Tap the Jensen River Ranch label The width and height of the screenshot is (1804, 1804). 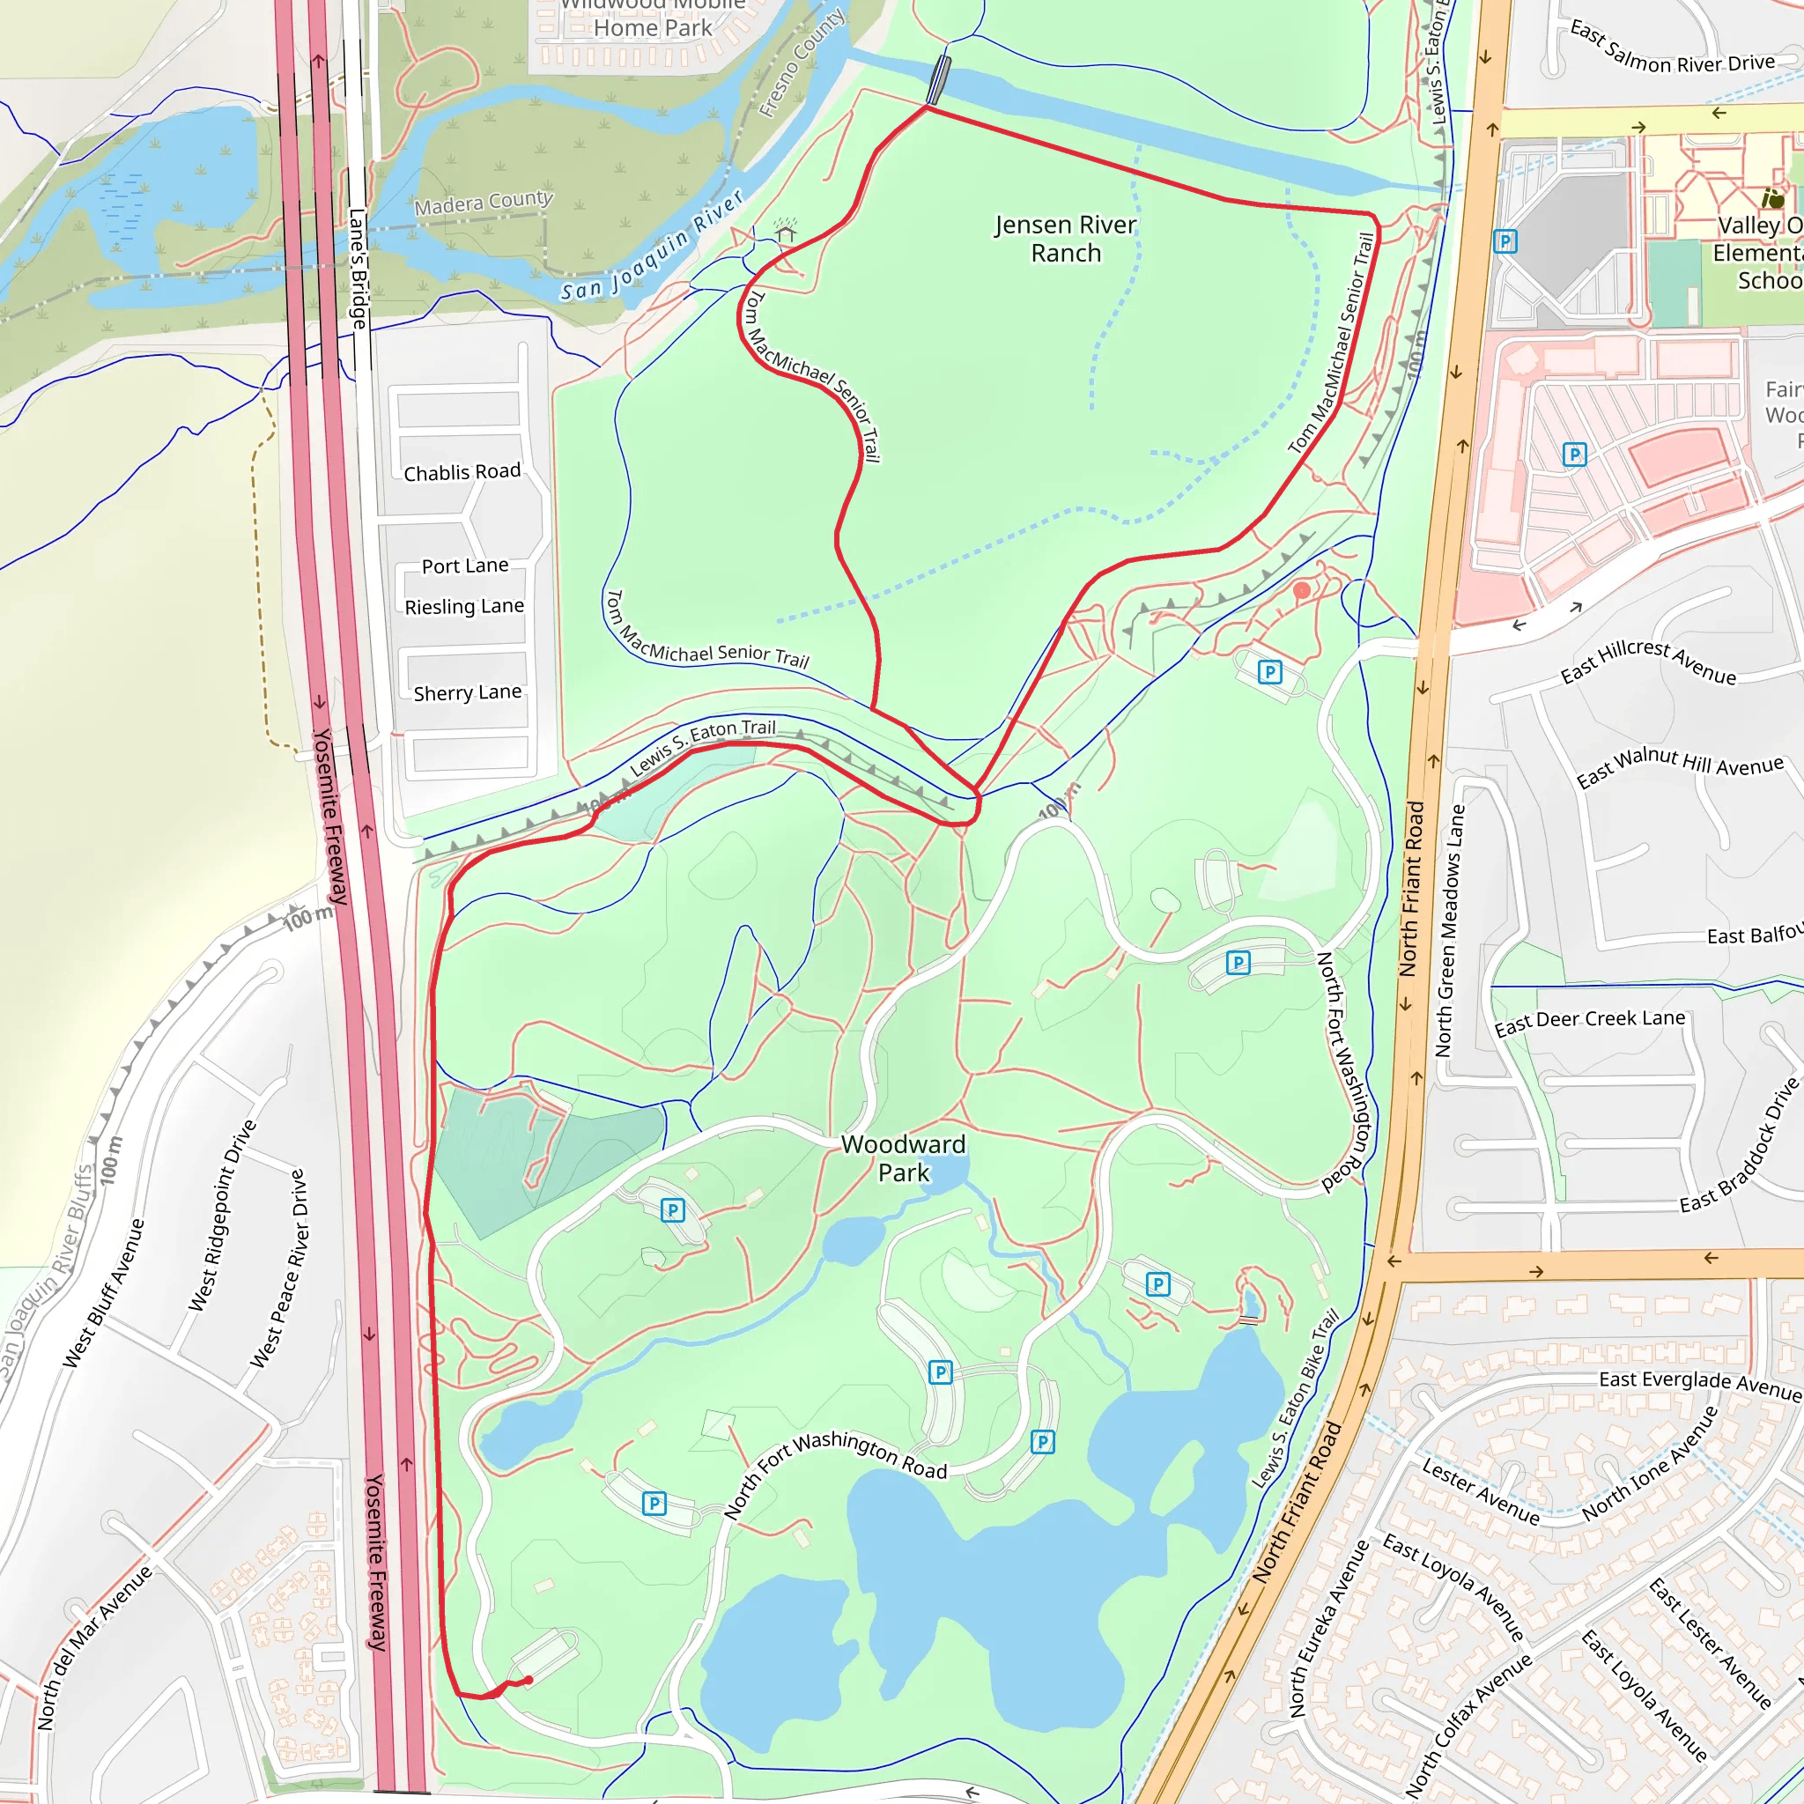pos(1066,239)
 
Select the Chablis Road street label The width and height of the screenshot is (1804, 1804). pos(462,472)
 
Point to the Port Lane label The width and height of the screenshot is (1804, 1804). pos(465,566)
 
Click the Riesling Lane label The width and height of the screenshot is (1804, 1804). pos(464,607)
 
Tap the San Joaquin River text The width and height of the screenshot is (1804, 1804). pos(652,247)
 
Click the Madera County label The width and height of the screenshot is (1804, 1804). pos(484,203)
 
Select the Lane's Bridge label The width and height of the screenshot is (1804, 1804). pos(358,268)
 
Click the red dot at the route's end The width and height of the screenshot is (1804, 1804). pos(529,1680)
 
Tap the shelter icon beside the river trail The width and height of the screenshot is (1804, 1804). pos(785,231)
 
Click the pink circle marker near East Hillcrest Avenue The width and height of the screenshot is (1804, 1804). pos(1302,590)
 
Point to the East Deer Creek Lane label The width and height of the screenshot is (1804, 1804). pos(1590,1022)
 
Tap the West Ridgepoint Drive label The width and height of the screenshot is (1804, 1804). pos(221,1215)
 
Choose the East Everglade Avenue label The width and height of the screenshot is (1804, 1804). pos(1699,1385)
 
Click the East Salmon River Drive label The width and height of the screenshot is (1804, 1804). pos(1671,49)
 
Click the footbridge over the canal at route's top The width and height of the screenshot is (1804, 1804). pos(938,80)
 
